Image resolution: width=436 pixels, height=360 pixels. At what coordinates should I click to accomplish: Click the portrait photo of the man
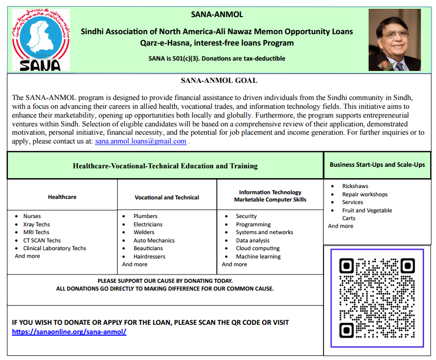click(395, 40)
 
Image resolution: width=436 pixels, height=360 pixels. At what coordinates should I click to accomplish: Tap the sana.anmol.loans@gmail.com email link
click(140, 141)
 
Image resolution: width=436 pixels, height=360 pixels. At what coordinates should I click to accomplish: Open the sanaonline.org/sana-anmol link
click(69, 332)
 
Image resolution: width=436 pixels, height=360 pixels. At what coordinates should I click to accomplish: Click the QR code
click(377, 297)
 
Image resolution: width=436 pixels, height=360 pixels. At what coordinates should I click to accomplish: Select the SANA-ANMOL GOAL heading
click(219, 80)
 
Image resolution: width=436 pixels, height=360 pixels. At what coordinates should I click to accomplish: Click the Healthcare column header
click(62, 197)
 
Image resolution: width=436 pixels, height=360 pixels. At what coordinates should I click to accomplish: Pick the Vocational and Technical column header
click(167, 197)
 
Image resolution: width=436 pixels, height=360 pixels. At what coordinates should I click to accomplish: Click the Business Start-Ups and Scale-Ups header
click(377, 165)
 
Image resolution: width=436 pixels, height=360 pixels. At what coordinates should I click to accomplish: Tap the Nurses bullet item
click(32, 216)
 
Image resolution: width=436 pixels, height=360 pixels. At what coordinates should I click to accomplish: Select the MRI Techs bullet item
click(36, 232)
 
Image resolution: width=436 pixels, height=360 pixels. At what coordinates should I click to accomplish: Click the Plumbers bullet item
click(145, 216)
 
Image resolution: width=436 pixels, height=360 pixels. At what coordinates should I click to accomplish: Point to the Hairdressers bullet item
click(149, 256)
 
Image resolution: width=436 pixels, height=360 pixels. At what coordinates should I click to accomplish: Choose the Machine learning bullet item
click(258, 256)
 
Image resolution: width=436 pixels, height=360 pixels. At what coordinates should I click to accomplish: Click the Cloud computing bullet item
click(258, 248)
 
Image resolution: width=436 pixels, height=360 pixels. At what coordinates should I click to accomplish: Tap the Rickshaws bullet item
click(355, 186)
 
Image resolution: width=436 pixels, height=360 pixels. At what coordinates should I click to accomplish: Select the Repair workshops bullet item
click(364, 194)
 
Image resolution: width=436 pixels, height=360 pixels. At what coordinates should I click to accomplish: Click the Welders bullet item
click(144, 232)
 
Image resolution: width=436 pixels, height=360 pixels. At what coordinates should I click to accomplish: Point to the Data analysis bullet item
click(252, 240)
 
